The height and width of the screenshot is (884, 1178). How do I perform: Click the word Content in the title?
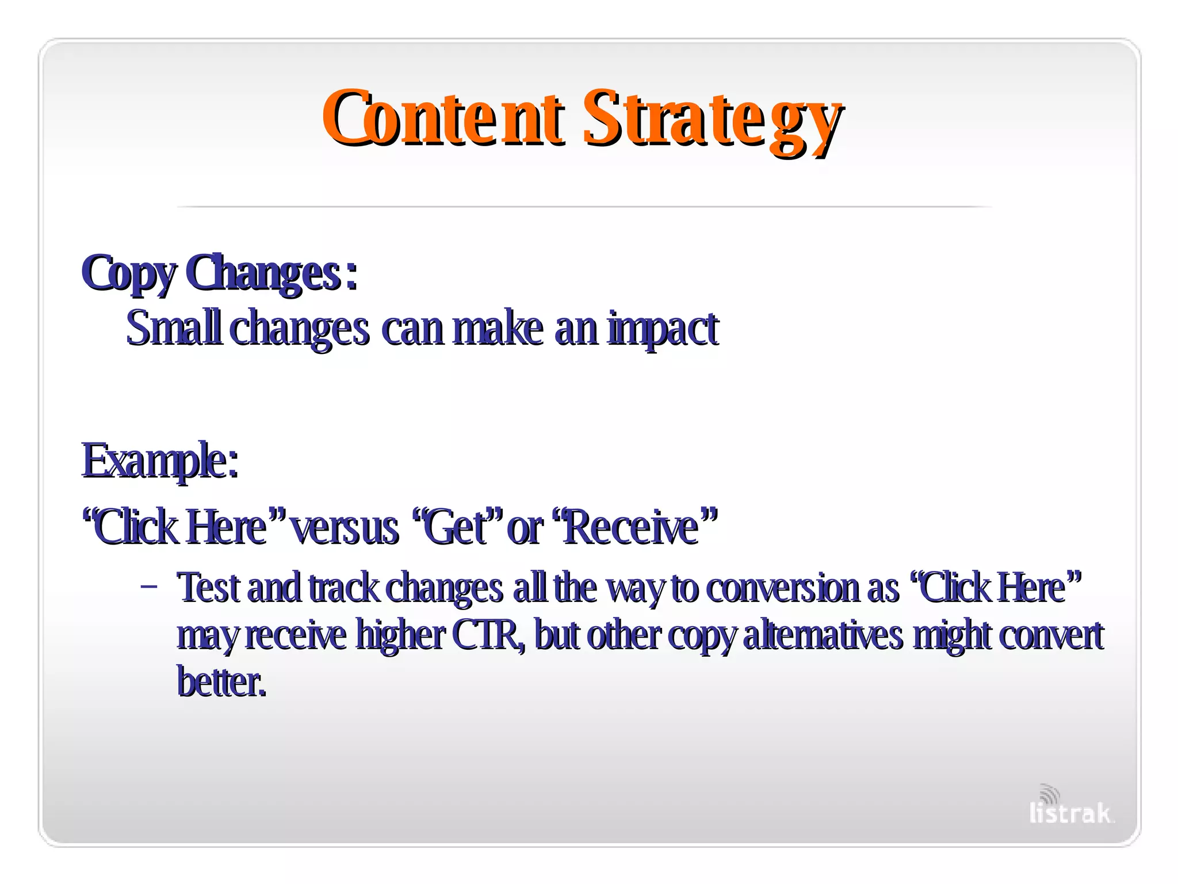(x=443, y=118)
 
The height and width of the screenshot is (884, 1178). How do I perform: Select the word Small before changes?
(x=173, y=328)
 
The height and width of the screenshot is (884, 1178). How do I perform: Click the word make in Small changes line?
(x=498, y=328)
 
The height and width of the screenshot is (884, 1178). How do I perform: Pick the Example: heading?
(x=160, y=460)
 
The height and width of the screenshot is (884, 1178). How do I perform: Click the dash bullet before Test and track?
(x=148, y=588)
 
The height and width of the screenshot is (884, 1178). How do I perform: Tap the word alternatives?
(x=823, y=635)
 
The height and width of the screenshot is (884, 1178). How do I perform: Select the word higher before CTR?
(x=400, y=635)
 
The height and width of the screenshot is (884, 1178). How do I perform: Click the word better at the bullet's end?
(x=221, y=682)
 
